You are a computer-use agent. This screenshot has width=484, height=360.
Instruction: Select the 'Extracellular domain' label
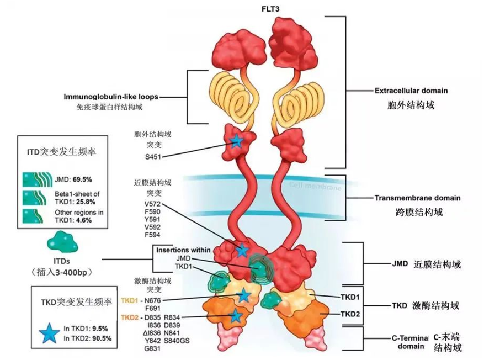click(x=403, y=90)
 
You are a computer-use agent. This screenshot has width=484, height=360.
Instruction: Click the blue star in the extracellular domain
click(x=237, y=142)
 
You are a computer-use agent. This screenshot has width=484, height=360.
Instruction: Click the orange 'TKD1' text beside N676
click(x=129, y=300)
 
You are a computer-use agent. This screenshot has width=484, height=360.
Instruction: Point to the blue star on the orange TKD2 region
click(x=236, y=316)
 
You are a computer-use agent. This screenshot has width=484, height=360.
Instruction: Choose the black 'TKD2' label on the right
click(x=350, y=314)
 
